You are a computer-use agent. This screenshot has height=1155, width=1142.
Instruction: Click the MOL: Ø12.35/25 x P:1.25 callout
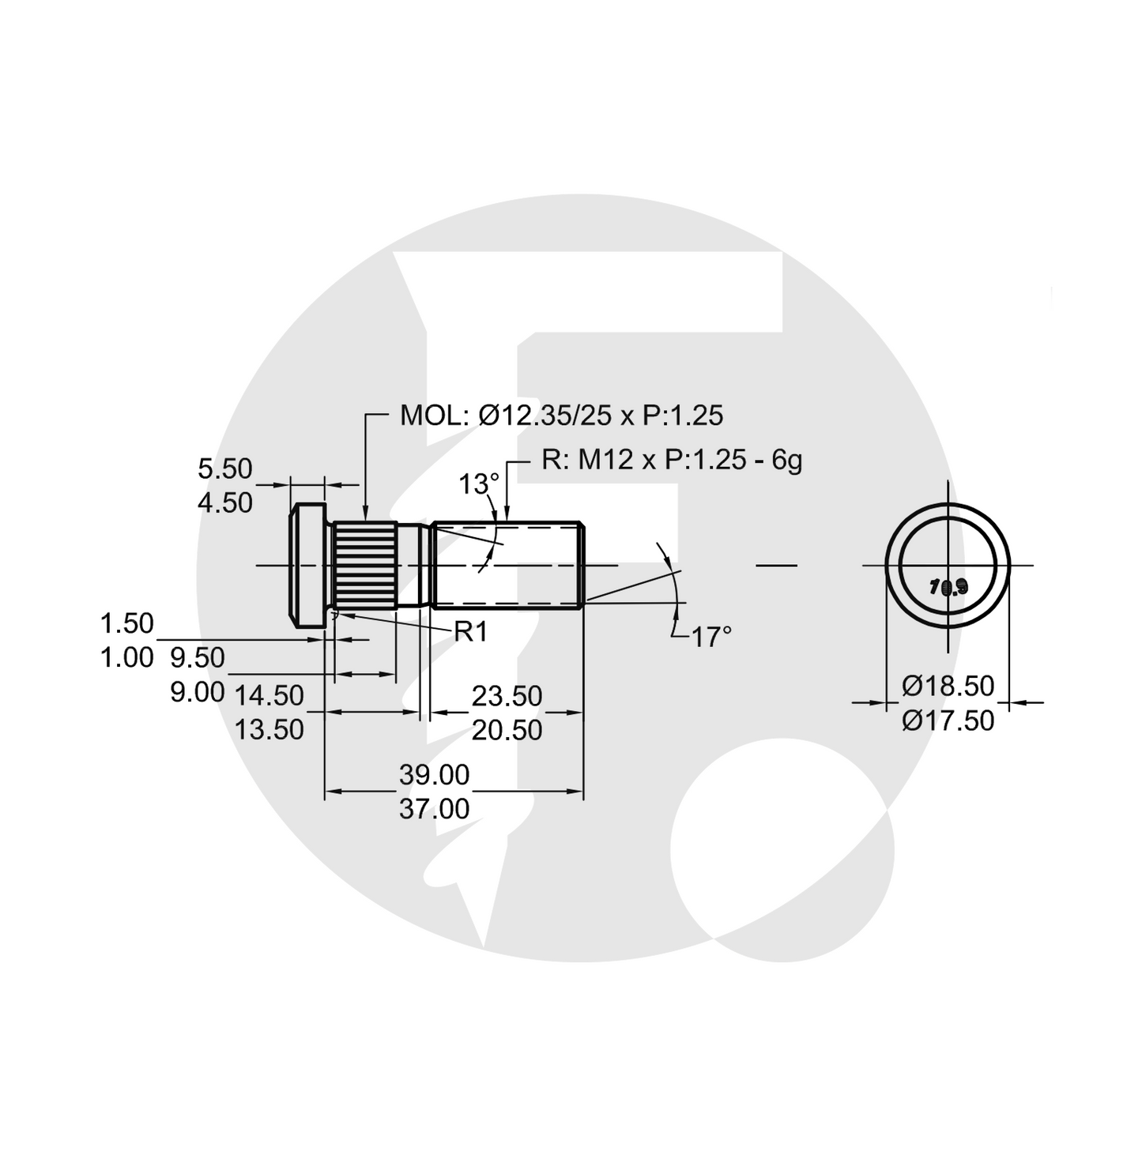pyautogui.click(x=561, y=416)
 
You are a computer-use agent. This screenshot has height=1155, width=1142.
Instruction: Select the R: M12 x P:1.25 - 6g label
pyautogui.click(x=672, y=459)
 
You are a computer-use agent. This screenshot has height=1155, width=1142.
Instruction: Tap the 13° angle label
pyautogui.click(x=480, y=483)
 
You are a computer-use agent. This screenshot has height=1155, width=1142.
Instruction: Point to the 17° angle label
pyautogui.click(x=711, y=637)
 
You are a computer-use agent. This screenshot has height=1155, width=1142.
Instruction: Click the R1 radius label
pyautogui.click(x=471, y=632)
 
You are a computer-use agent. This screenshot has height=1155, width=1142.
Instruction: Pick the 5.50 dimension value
pyautogui.click(x=225, y=468)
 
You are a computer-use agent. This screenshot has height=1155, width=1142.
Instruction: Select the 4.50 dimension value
pyautogui.click(x=225, y=502)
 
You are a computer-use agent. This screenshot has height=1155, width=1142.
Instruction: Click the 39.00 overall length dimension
pyautogui.click(x=434, y=775)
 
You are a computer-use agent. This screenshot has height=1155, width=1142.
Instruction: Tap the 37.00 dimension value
pyautogui.click(x=434, y=809)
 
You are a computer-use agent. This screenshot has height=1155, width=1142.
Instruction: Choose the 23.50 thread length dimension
pyautogui.click(x=507, y=696)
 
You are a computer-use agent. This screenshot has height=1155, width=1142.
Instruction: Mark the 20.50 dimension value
pyautogui.click(x=507, y=730)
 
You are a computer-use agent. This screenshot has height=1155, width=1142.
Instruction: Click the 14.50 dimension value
pyautogui.click(x=269, y=695)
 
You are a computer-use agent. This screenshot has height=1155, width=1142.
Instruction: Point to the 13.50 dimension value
pyautogui.click(x=269, y=729)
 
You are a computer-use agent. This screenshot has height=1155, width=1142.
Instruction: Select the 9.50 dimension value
pyautogui.click(x=198, y=657)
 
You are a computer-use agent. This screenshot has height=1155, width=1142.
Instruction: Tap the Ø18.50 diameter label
pyautogui.click(x=948, y=686)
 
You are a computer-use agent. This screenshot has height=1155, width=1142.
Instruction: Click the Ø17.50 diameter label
pyautogui.click(x=948, y=720)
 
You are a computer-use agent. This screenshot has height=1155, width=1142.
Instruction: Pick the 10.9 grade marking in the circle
pyautogui.click(x=948, y=587)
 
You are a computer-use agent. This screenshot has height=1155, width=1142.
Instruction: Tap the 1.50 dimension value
pyautogui.click(x=126, y=623)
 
